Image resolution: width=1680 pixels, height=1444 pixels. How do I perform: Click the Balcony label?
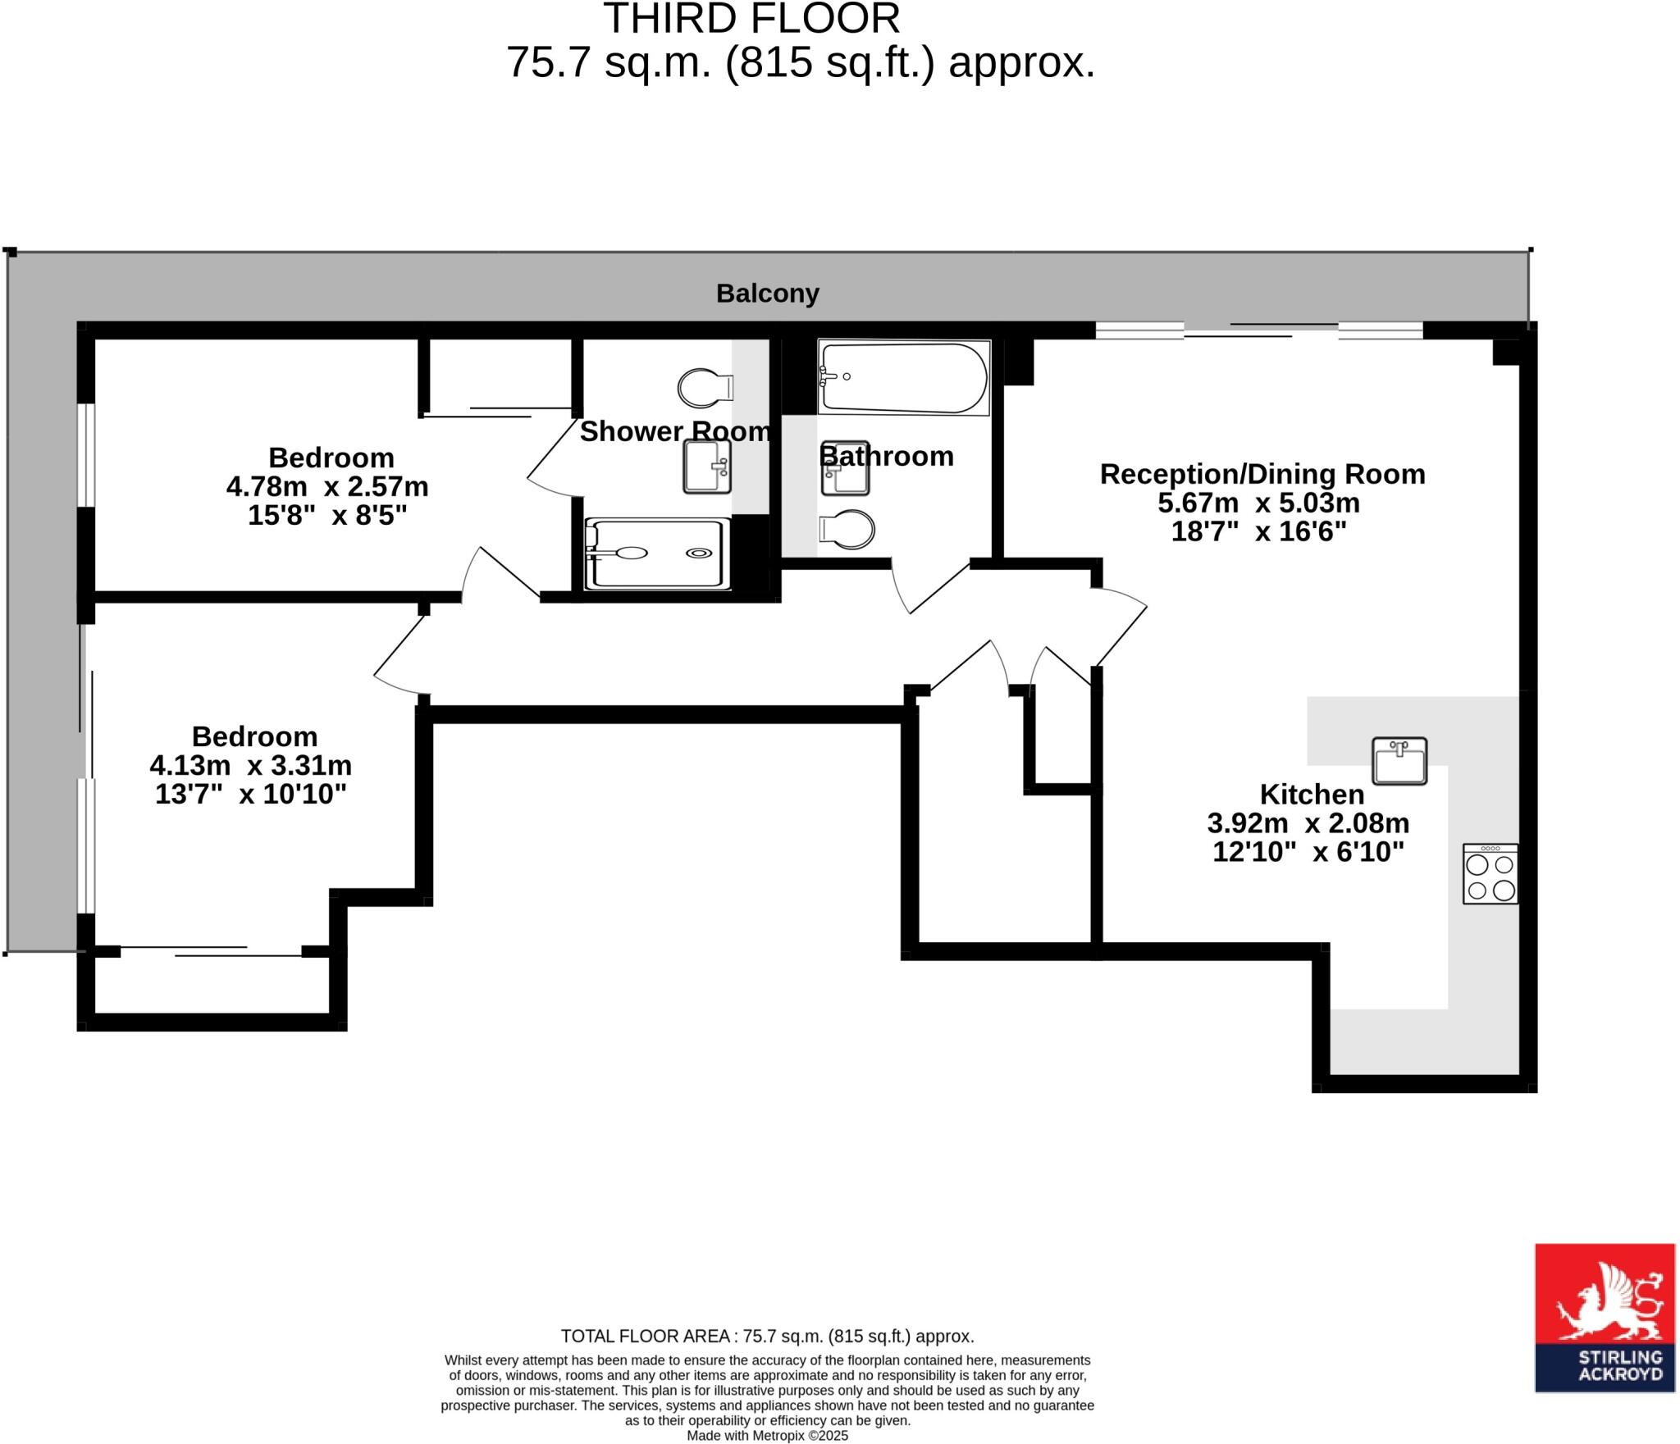(767, 293)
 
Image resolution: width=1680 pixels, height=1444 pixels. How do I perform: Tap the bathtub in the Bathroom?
(903, 378)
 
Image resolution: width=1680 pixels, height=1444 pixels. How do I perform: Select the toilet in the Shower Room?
(705, 387)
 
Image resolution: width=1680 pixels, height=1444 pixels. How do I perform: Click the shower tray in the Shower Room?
(656, 553)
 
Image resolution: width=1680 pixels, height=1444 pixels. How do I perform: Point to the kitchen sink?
(1399, 761)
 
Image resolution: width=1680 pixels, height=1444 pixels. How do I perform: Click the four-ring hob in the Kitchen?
(1490, 874)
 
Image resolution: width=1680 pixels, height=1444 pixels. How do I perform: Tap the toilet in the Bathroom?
(847, 530)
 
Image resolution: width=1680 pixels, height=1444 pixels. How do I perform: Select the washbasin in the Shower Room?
(706, 467)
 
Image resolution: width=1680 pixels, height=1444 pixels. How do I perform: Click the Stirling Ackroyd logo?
(1605, 1318)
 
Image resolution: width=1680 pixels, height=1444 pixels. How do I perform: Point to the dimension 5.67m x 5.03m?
(1258, 503)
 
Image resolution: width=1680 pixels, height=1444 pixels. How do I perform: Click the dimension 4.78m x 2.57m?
(327, 486)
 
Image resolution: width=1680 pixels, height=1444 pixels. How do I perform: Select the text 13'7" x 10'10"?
(251, 794)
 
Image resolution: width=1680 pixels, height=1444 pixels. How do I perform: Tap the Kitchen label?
(1312, 794)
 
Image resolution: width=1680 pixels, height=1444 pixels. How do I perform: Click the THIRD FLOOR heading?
(751, 20)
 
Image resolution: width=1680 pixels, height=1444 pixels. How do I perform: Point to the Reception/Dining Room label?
(1262, 474)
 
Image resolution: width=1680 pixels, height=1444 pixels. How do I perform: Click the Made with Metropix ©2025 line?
(767, 1436)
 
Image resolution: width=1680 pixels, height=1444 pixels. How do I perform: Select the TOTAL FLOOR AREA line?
(767, 1336)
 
